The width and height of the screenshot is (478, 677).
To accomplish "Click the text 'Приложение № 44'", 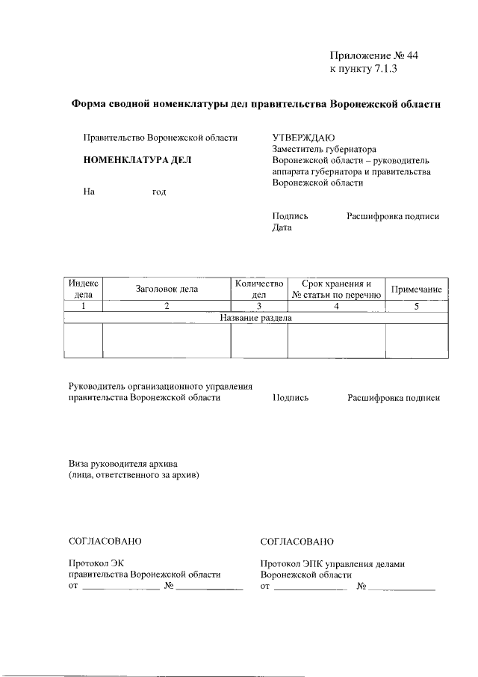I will pyautogui.click(x=379, y=56).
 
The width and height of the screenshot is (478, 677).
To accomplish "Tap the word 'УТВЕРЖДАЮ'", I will pyautogui.click(x=299, y=138).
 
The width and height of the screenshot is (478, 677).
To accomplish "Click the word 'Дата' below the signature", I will pyautogui.click(x=282, y=228).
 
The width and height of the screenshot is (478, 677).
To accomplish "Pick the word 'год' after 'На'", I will pyautogui.click(x=159, y=192).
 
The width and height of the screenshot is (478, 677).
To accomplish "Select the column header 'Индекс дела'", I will pyautogui.click(x=83, y=289).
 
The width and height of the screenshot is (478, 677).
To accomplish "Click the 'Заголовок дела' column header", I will pyautogui.click(x=167, y=289).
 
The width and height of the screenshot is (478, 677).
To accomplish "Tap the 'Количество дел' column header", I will pyautogui.click(x=259, y=289).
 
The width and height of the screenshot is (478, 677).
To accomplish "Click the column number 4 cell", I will pyautogui.click(x=336, y=306).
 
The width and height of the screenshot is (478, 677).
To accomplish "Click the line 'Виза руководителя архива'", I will pyautogui.click(x=123, y=463).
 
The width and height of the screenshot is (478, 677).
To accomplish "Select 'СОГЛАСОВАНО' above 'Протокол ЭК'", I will pyautogui.click(x=105, y=541).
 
